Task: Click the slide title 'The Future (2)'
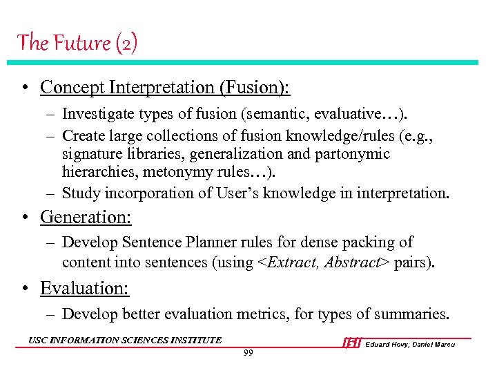(77, 43)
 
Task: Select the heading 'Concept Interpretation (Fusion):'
(165, 88)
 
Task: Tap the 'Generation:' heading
(86, 217)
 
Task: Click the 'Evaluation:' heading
(85, 288)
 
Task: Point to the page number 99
(248, 353)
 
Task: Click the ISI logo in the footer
(352, 343)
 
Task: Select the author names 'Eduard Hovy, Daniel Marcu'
(410, 344)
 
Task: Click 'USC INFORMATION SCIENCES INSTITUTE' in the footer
(125, 340)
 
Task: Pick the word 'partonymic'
(355, 153)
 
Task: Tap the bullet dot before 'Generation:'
(24, 218)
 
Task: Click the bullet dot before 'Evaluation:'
(24, 289)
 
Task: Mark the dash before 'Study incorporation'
(52, 193)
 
